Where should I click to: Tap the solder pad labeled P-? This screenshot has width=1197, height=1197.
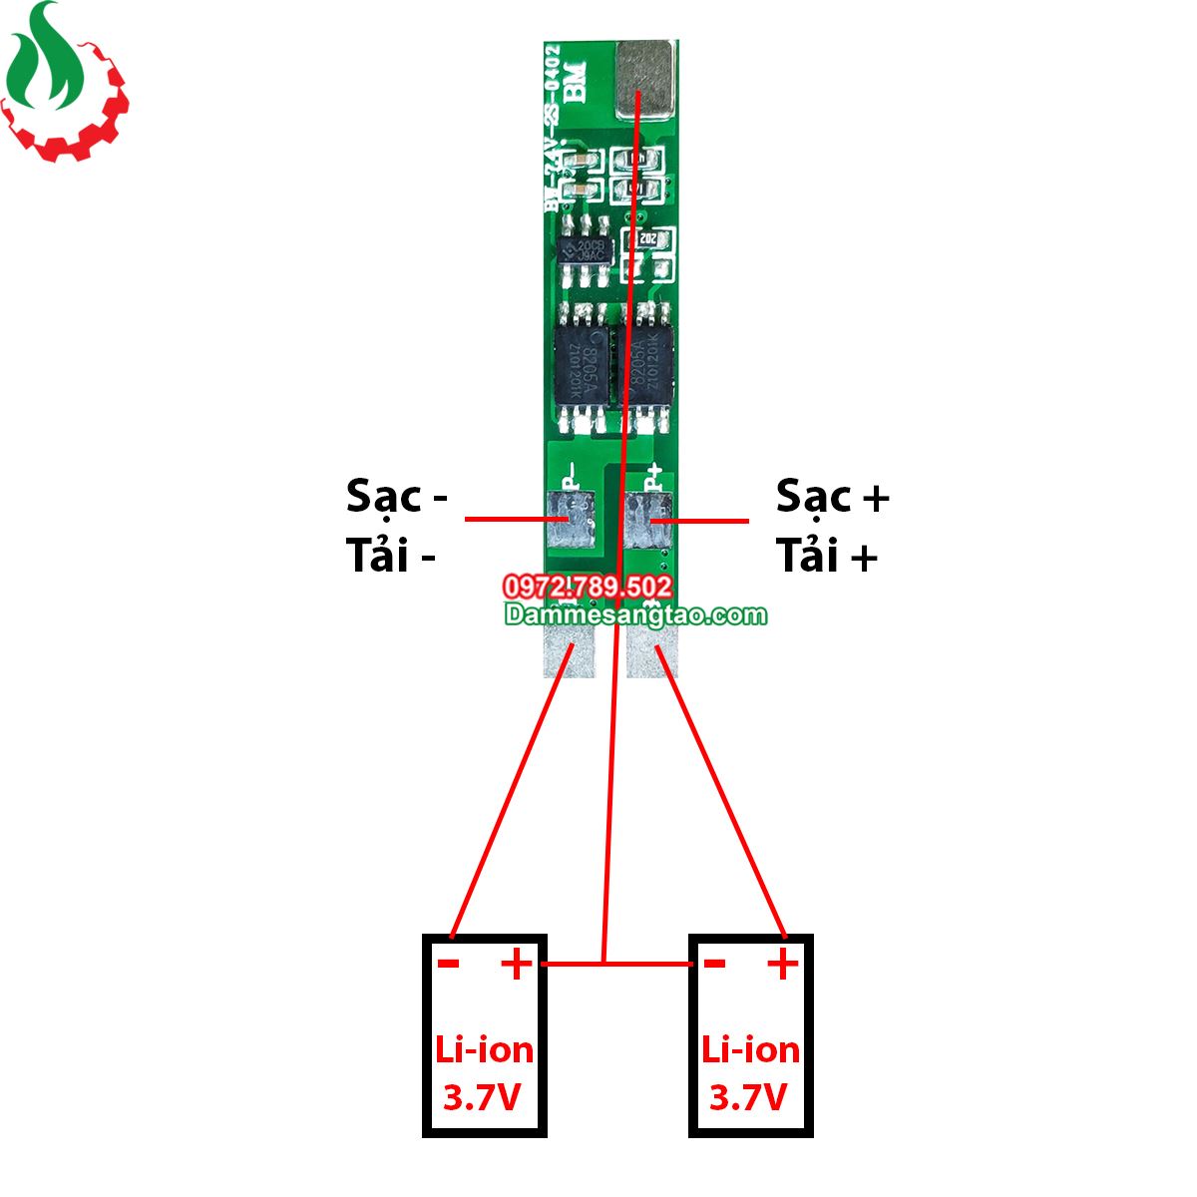(x=570, y=520)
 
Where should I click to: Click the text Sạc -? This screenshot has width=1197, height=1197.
(x=397, y=496)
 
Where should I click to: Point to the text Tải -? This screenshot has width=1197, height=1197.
(x=391, y=556)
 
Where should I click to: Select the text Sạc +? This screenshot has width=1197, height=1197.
(x=832, y=496)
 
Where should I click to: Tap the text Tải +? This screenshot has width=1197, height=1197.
(x=827, y=556)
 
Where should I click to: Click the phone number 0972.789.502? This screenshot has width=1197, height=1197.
(x=589, y=587)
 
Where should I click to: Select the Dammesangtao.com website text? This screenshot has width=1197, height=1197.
(x=635, y=614)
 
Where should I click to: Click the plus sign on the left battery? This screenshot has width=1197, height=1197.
(x=517, y=964)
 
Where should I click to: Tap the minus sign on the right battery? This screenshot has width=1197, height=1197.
(x=714, y=964)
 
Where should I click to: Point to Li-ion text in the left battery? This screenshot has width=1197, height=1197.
(x=485, y=1049)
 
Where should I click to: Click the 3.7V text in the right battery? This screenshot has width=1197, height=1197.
(x=749, y=1097)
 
